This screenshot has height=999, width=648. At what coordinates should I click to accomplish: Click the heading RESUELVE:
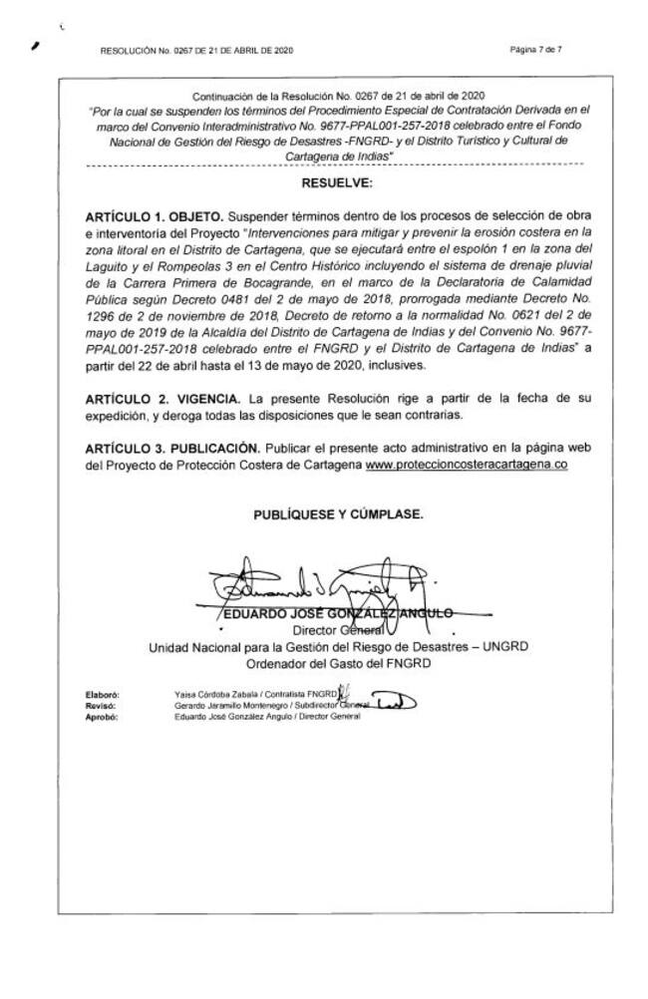pos(336,183)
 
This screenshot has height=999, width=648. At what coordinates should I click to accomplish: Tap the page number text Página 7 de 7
pos(534,49)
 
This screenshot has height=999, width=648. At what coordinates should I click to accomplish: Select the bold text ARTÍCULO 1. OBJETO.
pos(155,215)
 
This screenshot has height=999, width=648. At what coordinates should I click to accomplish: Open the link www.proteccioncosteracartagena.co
pos(467,466)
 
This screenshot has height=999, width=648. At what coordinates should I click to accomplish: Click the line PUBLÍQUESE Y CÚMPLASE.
pos(337,515)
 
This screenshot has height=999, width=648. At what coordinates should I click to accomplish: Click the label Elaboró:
pos(104,692)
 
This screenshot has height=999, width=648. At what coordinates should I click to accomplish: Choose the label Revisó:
pos(103,705)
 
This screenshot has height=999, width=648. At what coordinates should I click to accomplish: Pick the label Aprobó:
pos(103,717)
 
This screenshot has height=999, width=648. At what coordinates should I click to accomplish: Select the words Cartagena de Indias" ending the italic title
pos(341,157)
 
